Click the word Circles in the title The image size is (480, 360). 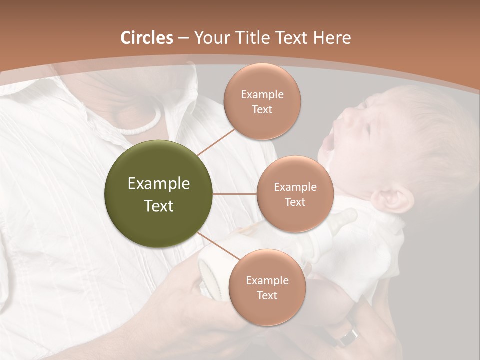[x=147, y=38]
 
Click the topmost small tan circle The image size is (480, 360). [x=262, y=101]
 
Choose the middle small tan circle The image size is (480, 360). [x=295, y=194]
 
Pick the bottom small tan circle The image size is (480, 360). [x=267, y=287]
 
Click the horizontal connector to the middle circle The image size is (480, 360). [x=235, y=194]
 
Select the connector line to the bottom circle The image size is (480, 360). [x=218, y=246]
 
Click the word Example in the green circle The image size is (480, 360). [x=159, y=184]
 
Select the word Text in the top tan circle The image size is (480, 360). [x=262, y=109]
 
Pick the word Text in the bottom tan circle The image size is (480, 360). [x=267, y=295]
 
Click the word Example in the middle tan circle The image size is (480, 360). [x=295, y=187]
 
